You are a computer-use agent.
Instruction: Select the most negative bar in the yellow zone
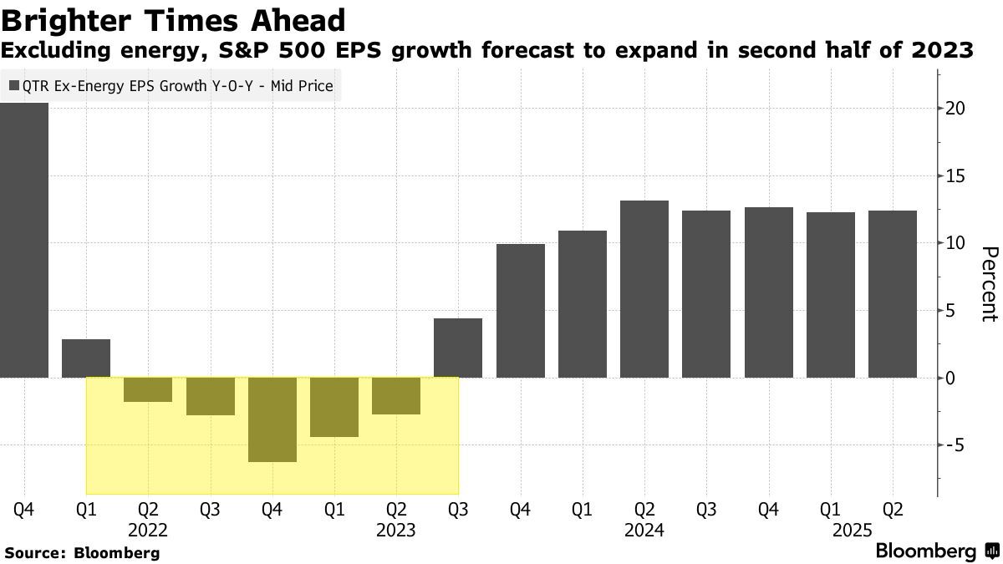272,419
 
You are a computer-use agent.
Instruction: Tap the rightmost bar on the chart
893,294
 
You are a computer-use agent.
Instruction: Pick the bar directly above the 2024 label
644,289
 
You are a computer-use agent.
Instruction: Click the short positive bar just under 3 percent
86,358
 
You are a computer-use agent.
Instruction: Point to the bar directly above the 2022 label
148,389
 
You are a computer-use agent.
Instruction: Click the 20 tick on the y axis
956,109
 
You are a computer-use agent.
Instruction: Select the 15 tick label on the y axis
956,176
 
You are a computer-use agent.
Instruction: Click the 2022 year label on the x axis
148,530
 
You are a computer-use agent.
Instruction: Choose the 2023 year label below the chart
396,530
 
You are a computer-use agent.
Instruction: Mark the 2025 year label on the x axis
852,530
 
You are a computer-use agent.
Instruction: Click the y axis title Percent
988,284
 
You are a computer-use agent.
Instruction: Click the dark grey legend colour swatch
13,85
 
